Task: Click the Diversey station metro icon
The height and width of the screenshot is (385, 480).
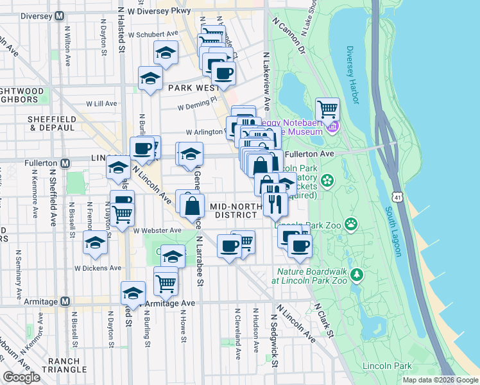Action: [59, 15]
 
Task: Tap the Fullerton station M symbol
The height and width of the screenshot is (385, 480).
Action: [64, 163]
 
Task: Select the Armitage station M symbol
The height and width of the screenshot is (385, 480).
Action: [64, 302]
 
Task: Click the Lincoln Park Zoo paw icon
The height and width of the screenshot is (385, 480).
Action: [351, 224]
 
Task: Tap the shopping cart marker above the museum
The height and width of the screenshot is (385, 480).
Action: [327, 108]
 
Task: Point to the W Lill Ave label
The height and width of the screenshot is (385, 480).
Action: [102, 103]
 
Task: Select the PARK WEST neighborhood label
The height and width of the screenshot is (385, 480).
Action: [189, 87]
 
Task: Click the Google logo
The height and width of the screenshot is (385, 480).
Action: [21, 377]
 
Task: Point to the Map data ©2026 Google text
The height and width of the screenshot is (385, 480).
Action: [439, 380]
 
